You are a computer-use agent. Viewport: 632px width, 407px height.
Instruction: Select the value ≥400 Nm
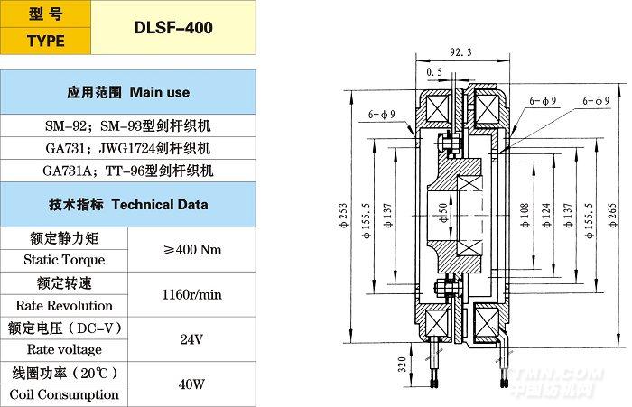click(191, 249)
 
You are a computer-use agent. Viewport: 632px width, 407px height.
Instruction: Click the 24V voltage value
click(191, 338)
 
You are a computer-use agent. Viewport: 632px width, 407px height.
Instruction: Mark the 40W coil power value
click(191, 384)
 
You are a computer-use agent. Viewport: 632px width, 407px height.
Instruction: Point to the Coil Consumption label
click(64, 394)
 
